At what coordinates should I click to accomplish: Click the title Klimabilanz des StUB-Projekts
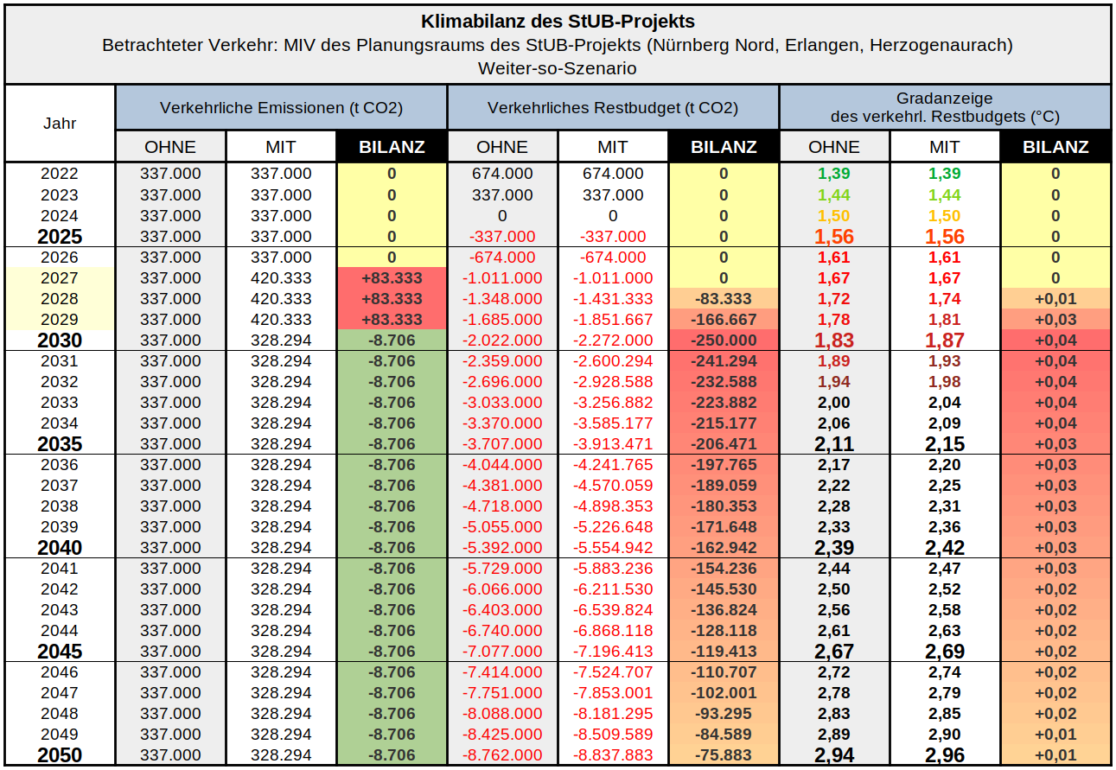[x=558, y=22]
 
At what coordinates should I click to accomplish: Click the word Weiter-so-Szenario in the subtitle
[x=558, y=67]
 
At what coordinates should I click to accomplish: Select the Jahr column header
[x=60, y=123]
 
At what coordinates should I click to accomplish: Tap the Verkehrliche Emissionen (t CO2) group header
[x=281, y=108]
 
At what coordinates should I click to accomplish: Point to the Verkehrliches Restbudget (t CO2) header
[x=613, y=108]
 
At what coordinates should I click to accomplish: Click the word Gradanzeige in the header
[x=944, y=99]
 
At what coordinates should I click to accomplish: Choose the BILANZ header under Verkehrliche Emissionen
[x=392, y=147]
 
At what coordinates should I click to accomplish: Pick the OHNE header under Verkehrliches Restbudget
[x=502, y=147]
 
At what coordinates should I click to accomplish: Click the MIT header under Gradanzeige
[x=945, y=147]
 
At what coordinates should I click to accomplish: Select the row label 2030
[x=60, y=340]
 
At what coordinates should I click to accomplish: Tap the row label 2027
[x=60, y=278]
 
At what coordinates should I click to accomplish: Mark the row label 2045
[x=60, y=652]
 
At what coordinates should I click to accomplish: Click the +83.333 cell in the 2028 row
[x=392, y=299]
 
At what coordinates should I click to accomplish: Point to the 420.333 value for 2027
[x=281, y=278]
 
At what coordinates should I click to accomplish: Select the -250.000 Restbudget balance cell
[x=724, y=340]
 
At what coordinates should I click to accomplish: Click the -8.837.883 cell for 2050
[x=613, y=755]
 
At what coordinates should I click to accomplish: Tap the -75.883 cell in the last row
[x=724, y=755]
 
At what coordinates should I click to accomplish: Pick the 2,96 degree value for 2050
[x=945, y=755]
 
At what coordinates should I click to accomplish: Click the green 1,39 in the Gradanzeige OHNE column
[x=834, y=174]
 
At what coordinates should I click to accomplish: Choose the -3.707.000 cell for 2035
[x=502, y=444]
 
